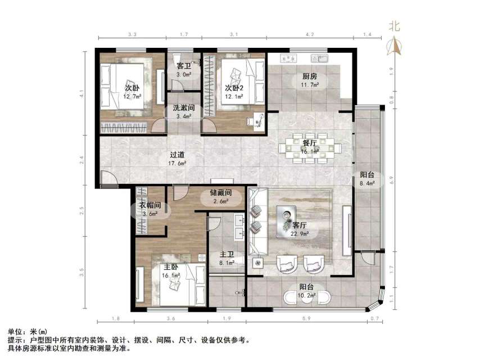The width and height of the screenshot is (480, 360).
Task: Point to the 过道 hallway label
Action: (x=178, y=155)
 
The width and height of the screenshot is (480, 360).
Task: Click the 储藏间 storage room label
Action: (x=221, y=193)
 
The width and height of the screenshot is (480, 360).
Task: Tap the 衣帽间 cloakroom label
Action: (x=150, y=206)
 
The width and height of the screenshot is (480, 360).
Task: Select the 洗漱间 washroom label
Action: (x=183, y=108)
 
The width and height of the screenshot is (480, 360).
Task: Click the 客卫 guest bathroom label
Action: (x=183, y=66)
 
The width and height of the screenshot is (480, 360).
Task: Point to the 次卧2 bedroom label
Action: (x=234, y=88)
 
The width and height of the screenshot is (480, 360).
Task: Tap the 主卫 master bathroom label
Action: (x=227, y=254)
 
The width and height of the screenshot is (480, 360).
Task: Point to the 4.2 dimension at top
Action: (x=310, y=35)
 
